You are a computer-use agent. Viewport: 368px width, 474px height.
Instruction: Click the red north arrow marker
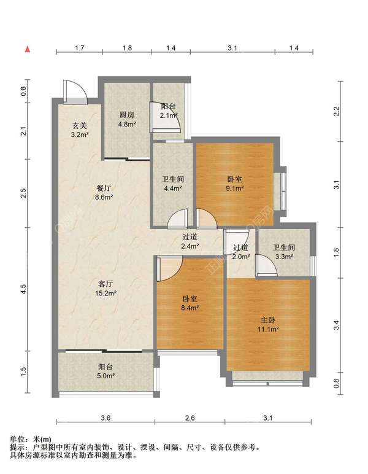click(x=28, y=49)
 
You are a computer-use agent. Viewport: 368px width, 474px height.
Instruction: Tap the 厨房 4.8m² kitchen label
click(x=127, y=119)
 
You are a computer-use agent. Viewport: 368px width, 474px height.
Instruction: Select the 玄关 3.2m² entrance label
click(x=80, y=130)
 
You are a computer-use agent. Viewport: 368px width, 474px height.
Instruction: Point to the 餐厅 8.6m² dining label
click(x=104, y=193)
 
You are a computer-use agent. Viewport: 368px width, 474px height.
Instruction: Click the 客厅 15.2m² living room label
click(x=105, y=289)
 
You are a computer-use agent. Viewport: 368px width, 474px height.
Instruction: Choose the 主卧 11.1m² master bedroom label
click(x=268, y=324)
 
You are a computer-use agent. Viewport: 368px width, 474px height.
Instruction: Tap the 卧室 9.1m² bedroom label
click(x=234, y=184)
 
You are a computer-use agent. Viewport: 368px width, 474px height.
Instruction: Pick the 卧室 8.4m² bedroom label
click(x=190, y=303)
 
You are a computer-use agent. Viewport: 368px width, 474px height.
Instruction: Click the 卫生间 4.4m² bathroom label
click(x=173, y=184)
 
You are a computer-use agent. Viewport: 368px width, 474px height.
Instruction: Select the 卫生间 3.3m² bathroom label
click(x=284, y=252)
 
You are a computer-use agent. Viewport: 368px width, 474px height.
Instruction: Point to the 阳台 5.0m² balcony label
click(x=105, y=371)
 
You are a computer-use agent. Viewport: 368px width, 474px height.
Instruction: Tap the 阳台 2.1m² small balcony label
click(x=169, y=111)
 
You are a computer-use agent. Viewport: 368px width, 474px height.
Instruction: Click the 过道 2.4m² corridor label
click(x=190, y=241)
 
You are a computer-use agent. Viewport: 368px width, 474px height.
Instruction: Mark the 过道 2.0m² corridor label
click(x=241, y=252)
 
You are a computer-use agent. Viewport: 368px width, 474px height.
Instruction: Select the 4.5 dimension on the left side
click(x=23, y=289)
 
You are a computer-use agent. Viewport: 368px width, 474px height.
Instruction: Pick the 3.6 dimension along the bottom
click(x=105, y=418)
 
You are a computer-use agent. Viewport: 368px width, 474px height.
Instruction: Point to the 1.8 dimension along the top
click(x=127, y=48)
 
